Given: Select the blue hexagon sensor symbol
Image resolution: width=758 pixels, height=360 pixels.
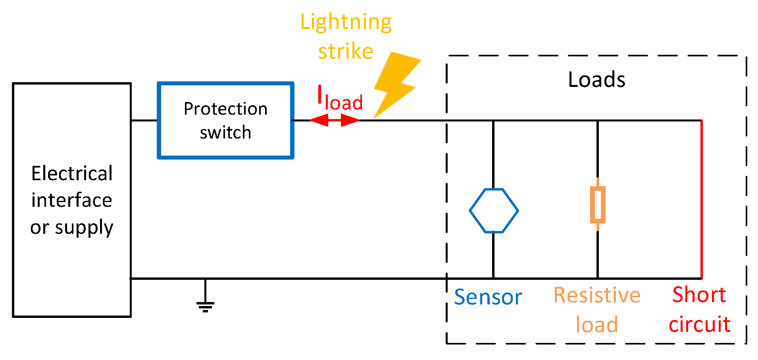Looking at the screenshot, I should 494,210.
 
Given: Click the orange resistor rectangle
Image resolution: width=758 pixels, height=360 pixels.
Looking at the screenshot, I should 598,205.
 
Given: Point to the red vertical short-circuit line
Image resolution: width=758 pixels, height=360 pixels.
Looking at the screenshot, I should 702,198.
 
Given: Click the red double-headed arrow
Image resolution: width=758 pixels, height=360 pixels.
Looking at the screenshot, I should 334,120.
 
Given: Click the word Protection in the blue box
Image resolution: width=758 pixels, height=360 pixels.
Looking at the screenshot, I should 225,109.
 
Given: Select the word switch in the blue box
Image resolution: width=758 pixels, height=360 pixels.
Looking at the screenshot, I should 225,133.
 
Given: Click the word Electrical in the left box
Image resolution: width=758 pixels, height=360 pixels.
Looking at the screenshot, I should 72,173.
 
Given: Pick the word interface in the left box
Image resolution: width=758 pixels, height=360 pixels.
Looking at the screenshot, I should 72,200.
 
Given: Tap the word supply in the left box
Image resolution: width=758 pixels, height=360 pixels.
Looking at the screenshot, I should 84,228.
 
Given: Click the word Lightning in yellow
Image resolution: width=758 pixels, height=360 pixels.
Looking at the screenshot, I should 346,22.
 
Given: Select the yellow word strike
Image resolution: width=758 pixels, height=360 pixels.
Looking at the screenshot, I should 346,52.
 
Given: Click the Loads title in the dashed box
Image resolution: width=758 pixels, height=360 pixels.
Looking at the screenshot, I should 596,80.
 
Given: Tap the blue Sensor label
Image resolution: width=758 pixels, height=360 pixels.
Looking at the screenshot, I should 488,297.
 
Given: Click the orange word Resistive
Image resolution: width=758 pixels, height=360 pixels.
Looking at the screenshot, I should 597,295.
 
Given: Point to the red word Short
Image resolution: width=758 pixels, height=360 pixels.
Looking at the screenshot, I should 699,295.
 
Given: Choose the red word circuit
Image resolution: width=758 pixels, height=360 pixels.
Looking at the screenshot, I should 699,325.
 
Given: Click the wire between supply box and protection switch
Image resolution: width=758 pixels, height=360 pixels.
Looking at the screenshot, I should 144,120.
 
